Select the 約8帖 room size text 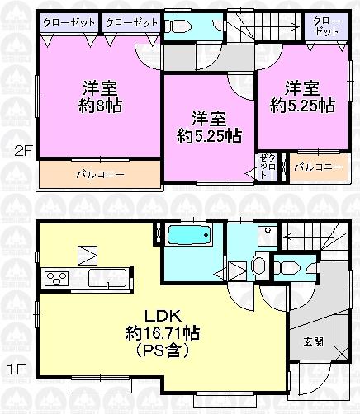(97, 105)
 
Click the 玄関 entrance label (306, 340)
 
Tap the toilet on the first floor (290, 266)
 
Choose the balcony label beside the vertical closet (317, 167)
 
